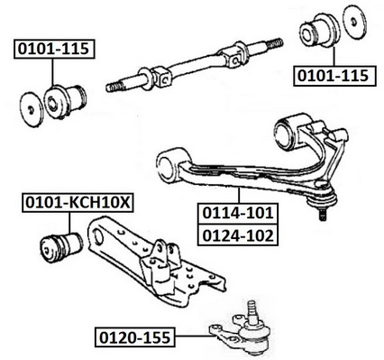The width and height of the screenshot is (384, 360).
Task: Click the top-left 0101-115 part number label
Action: [54, 49]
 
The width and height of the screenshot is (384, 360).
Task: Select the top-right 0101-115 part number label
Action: [334, 76]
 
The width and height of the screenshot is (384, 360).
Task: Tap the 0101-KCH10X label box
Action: [78, 203]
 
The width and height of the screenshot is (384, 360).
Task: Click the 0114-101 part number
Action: [238, 213]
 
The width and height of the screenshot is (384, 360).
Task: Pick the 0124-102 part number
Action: [238, 235]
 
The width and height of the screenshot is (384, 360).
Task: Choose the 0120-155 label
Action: [135, 337]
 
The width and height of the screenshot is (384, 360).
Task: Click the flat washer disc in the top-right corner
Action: [356, 23]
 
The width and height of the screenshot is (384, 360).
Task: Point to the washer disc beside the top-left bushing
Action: [32, 109]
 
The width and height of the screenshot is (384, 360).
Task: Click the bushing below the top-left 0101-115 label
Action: [65, 102]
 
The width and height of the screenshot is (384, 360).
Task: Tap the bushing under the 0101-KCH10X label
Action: [61, 247]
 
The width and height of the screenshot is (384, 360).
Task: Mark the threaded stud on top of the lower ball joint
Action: [251, 310]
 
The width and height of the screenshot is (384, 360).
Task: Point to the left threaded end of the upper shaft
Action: [114, 88]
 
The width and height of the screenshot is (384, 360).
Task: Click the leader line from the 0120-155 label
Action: [193, 337]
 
